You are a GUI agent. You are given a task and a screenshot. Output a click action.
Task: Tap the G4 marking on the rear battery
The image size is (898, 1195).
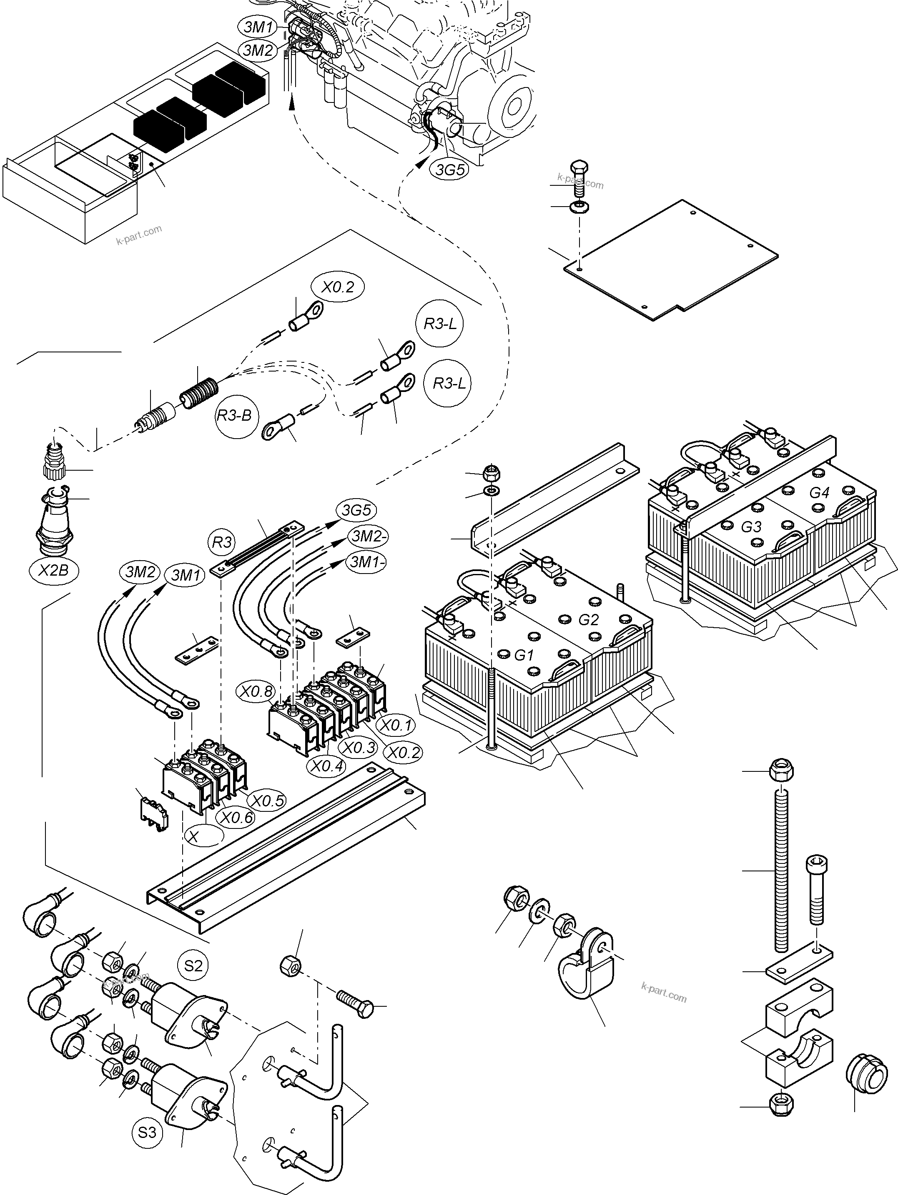[x=819, y=493]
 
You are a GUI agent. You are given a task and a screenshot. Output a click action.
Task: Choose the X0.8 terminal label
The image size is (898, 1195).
[x=257, y=691]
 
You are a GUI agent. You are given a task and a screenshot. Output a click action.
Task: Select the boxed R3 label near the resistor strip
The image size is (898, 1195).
[x=222, y=542]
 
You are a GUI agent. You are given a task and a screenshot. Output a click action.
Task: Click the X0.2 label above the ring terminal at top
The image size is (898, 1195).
[x=337, y=287]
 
